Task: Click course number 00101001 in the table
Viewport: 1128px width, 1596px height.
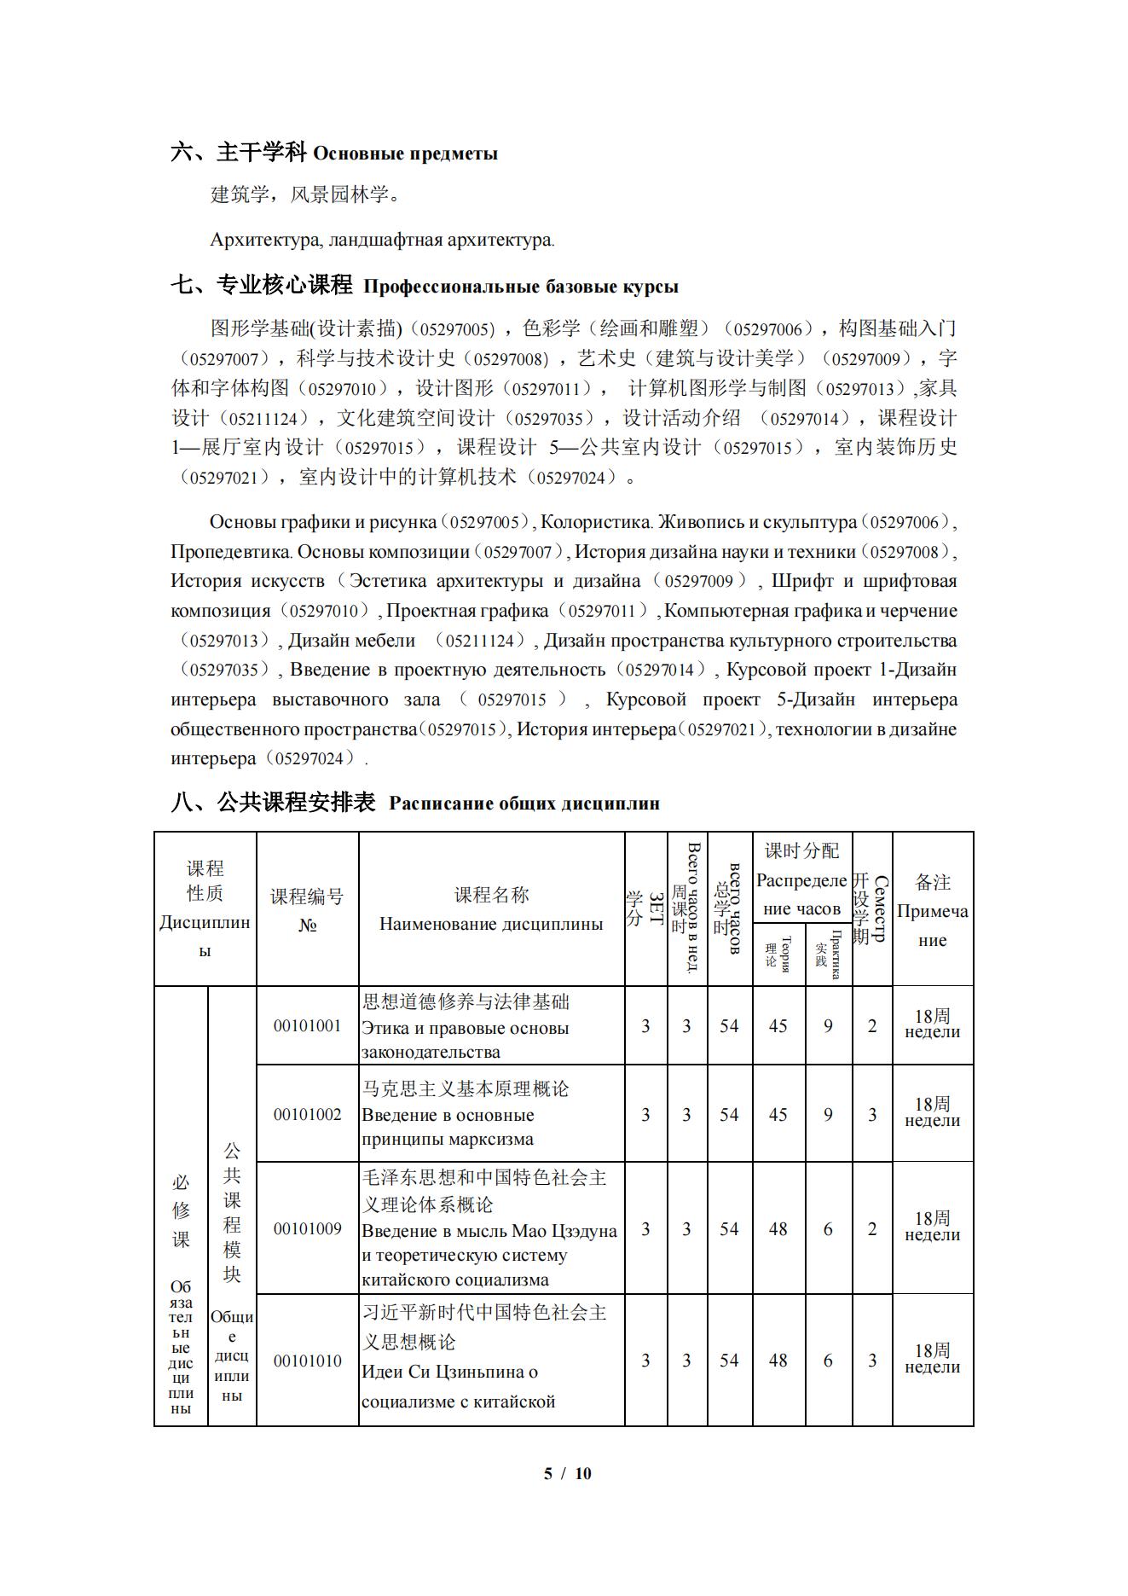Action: point(307,1025)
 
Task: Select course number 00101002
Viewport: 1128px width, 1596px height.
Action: point(307,1114)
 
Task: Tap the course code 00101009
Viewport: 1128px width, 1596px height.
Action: point(307,1228)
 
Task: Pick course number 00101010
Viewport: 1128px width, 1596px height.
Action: point(307,1361)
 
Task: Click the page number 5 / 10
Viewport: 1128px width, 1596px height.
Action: point(567,1473)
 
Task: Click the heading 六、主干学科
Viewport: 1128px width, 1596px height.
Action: point(238,153)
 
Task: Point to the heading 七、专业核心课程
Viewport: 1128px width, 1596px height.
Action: point(262,285)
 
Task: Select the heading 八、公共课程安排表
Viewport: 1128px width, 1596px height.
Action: point(273,803)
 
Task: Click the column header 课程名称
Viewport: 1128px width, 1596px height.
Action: point(491,895)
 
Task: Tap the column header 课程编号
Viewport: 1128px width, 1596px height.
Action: point(307,897)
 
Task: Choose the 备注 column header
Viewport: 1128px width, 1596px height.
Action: point(933,882)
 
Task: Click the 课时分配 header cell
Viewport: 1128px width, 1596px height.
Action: point(801,850)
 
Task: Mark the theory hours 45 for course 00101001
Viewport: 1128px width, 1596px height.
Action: point(778,1025)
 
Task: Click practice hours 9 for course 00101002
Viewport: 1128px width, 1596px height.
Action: point(828,1114)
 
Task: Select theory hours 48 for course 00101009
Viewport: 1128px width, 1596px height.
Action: point(778,1228)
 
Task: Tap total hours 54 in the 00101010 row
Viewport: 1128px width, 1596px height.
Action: point(729,1361)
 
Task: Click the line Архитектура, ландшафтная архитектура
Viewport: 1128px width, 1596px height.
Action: point(382,240)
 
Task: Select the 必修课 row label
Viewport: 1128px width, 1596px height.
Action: point(181,1210)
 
